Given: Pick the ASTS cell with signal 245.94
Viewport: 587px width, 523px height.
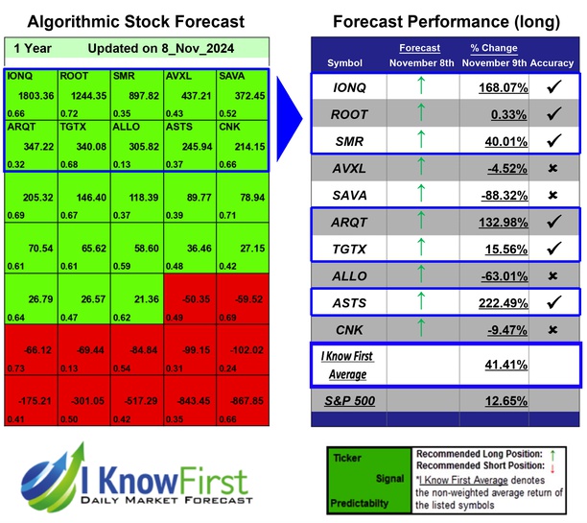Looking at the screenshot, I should (x=190, y=145).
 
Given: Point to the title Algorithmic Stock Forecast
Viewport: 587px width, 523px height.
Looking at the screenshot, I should (x=135, y=21).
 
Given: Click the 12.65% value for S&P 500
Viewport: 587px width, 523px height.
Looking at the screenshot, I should (x=495, y=401).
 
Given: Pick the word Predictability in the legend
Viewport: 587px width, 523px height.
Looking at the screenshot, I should (x=359, y=502).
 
